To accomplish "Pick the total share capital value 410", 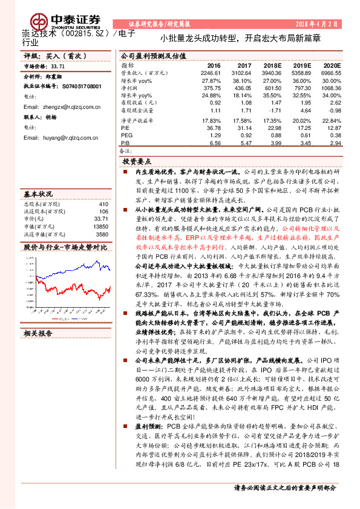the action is click(103, 204).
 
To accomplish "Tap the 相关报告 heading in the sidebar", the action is click(38, 332).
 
